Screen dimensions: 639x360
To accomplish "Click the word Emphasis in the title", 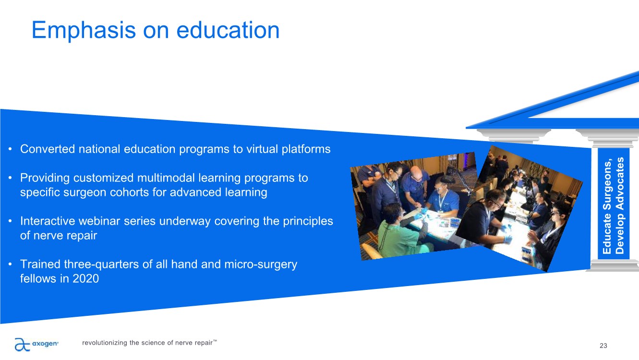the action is [x=84, y=31].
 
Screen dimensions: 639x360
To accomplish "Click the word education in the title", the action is [x=228, y=30].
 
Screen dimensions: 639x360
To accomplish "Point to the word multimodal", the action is [x=166, y=178].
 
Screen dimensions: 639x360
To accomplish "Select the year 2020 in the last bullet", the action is [x=85, y=279].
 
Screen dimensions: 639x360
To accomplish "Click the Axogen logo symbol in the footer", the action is [x=22, y=344].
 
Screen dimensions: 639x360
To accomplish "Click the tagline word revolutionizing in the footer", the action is [x=104, y=343].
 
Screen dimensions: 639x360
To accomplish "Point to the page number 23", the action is [x=603, y=346].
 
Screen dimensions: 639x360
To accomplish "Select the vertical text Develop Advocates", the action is [x=620, y=205].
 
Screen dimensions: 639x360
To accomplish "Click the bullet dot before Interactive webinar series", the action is [x=10, y=221].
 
